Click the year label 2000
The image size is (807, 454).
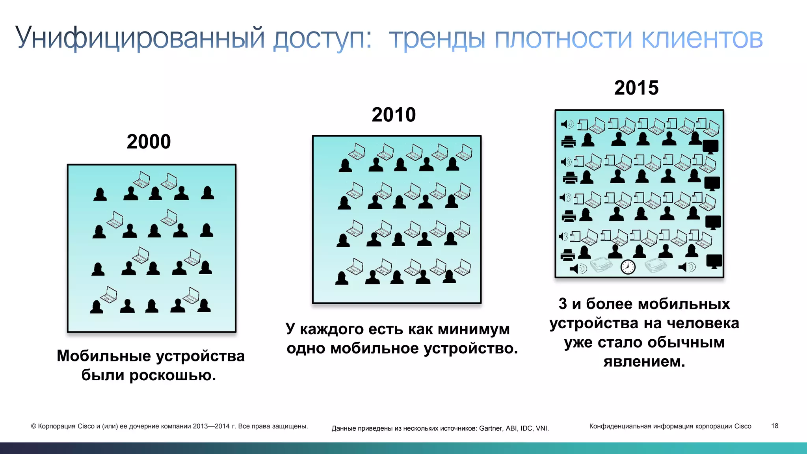149,141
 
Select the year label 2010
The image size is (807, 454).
394,115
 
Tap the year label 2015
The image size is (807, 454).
636,87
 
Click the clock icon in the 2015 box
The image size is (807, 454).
628,267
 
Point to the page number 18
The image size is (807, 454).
774,426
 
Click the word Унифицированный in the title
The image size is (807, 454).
140,38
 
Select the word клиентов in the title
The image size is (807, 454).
702,38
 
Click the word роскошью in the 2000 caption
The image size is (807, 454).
173,375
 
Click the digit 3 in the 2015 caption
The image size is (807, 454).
563,304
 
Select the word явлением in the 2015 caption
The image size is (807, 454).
644,361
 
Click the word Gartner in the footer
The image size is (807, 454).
491,428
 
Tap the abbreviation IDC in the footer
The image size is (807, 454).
526,428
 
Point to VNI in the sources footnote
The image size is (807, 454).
542,428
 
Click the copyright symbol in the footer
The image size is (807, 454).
33,426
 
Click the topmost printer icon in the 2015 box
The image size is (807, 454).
568,141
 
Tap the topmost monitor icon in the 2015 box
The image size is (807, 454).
710,147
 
